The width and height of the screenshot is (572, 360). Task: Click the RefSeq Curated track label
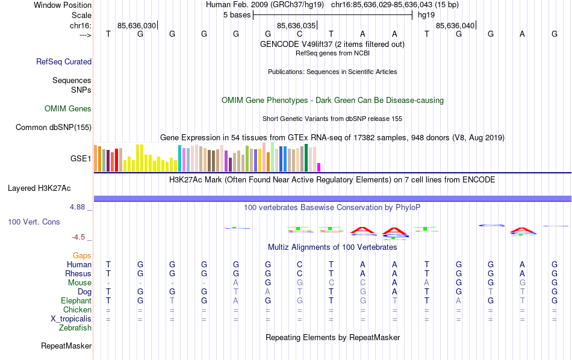coord(64,61)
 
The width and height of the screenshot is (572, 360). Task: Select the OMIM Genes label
coord(68,109)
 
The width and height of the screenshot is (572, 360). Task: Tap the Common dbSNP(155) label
coord(54,127)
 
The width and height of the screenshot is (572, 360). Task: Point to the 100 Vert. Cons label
coord(34,222)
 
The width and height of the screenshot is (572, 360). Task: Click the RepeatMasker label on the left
coord(66,346)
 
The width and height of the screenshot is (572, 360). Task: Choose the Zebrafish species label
coord(75,328)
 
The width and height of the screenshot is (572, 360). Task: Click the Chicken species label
coord(78,310)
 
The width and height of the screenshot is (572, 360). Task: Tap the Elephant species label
coord(76,301)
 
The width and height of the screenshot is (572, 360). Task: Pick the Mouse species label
coord(79,283)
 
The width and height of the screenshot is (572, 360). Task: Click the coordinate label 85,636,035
coord(296,26)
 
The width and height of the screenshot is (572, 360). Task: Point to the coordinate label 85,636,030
coord(137,26)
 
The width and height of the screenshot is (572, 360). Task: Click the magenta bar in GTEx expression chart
coord(319,167)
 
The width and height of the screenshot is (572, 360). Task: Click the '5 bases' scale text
coord(237,15)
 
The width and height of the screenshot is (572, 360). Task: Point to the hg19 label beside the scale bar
coord(426,15)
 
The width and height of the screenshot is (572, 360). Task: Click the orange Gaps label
coord(82,256)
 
